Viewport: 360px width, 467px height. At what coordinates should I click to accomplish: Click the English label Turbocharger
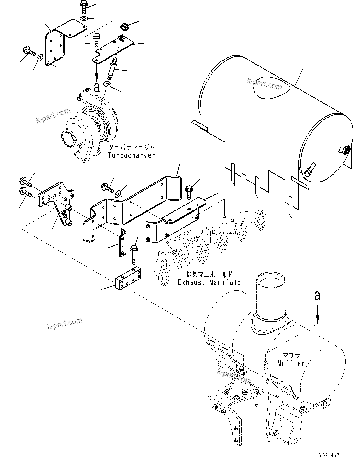[131, 155]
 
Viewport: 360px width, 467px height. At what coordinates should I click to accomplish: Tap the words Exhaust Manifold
[209, 282]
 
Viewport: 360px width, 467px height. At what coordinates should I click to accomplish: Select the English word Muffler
[291, 363]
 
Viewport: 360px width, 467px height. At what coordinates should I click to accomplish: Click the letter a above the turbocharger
[97, 87]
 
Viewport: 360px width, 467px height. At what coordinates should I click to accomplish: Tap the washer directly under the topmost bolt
[84, 19]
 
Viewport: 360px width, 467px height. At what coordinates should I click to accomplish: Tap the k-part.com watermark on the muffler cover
[264, 84]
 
